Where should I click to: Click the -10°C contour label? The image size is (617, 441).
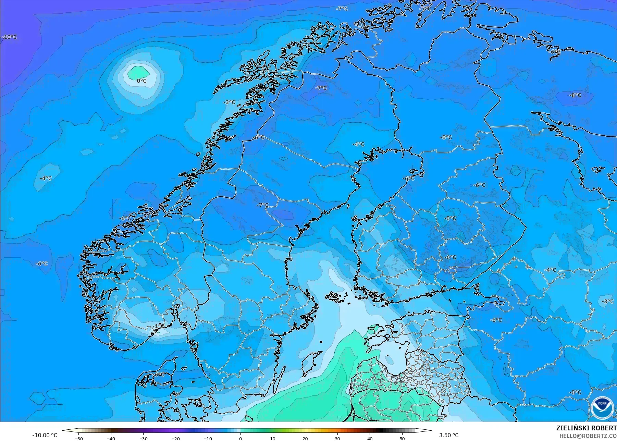10,37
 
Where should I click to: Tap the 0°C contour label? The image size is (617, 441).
141,81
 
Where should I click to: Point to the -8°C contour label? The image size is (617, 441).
575,95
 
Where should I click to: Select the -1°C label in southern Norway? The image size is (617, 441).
159,326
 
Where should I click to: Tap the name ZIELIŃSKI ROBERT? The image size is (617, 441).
586,428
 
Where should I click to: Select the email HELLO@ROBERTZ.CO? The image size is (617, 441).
588,436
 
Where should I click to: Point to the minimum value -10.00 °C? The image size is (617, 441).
45,435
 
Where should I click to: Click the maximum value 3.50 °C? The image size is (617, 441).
449,435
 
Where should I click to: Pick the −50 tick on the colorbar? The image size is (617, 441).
78,439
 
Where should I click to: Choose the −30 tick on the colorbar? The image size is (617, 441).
143,439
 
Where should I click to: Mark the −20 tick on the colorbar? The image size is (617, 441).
175,439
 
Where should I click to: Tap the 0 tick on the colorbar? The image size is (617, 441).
240,439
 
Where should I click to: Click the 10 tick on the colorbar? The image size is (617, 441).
273,439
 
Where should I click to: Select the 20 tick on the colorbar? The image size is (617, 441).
305,439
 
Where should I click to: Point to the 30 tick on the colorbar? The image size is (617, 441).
337,439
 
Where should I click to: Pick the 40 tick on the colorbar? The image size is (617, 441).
370,439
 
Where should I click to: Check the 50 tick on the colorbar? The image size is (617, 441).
402,439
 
